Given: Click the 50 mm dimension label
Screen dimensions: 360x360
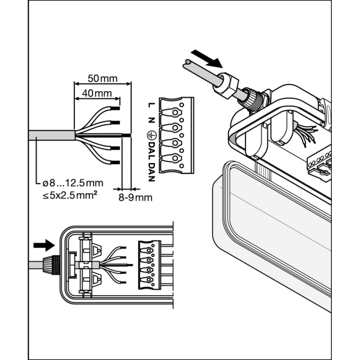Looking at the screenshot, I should click(103, 79).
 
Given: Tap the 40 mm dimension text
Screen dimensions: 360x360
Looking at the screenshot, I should click(96, 94).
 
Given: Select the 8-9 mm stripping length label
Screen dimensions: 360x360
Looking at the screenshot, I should click(135, 197).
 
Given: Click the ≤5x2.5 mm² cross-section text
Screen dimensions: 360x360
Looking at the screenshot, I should click(71, 196).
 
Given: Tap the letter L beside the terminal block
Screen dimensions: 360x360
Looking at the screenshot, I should click(151, 106).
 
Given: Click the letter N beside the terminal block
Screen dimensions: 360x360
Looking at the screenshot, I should click(151, 119).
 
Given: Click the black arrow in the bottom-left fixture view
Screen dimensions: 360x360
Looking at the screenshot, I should click(43, 245).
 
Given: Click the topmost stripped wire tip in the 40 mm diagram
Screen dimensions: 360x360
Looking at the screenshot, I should click(115, 108).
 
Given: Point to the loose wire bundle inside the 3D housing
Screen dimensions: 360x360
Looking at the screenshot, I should click(303, 136).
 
